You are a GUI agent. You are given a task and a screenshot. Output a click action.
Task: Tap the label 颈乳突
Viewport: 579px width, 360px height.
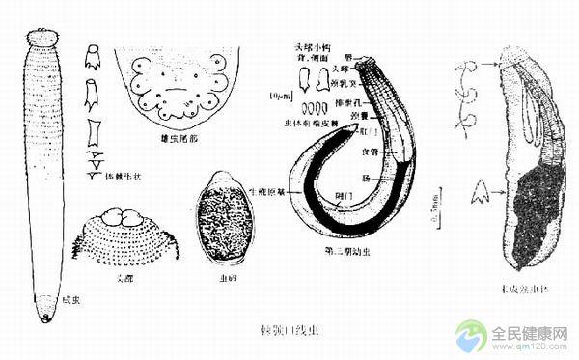pos(373,85)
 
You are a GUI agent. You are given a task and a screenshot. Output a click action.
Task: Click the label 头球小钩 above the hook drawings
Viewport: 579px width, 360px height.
pos(313,45)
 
